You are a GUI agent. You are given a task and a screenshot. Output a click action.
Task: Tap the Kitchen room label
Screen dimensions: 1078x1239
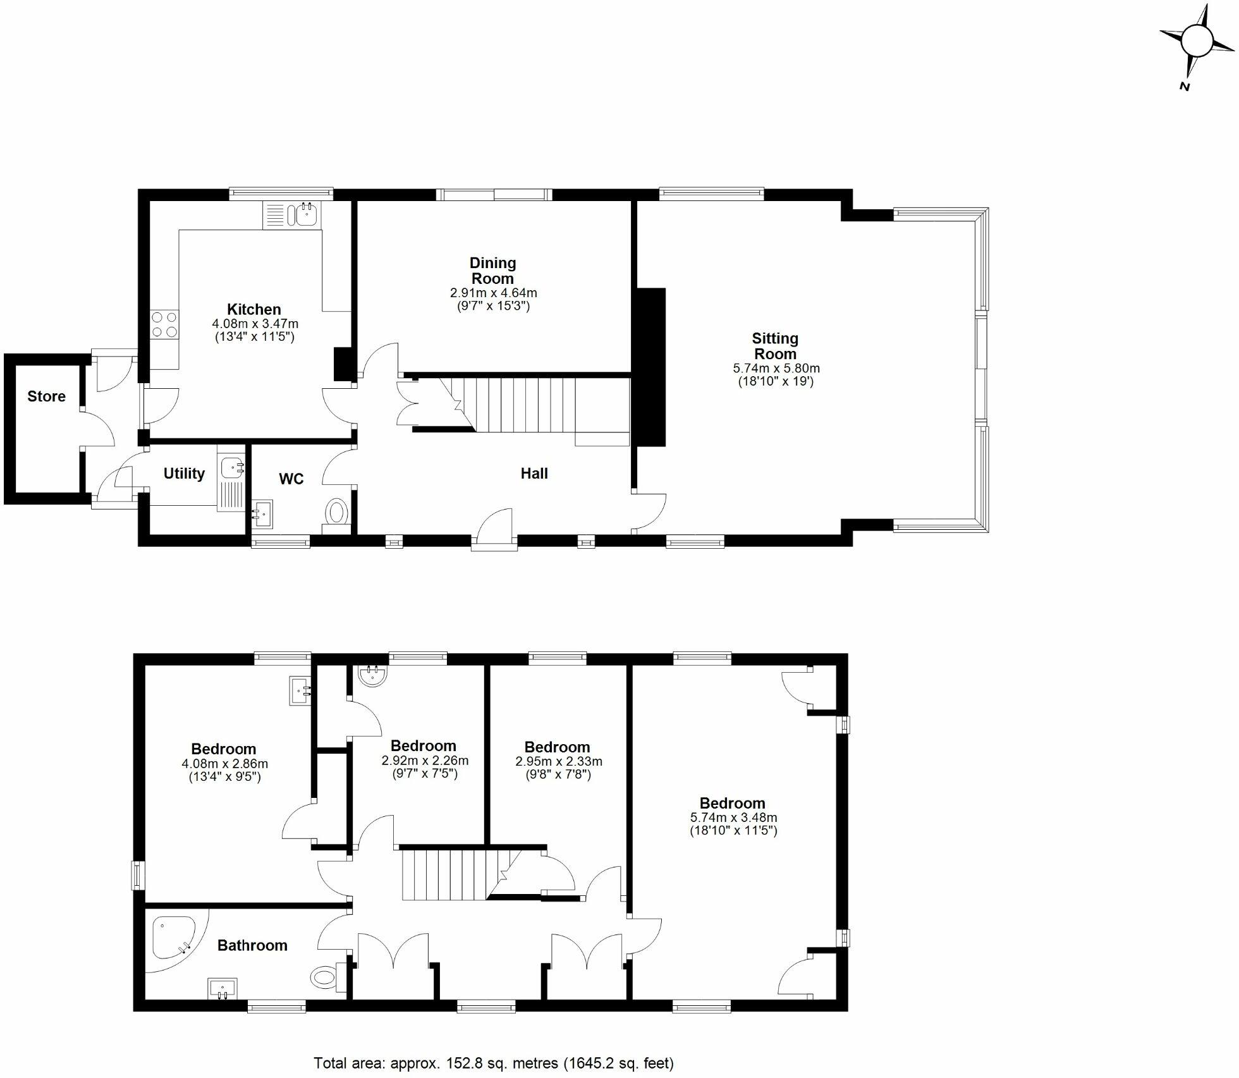click(254, 309)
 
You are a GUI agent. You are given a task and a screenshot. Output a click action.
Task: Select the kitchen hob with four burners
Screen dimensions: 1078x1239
click(164, 324)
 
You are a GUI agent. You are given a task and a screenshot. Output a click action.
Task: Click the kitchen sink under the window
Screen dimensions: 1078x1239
click(306, 215)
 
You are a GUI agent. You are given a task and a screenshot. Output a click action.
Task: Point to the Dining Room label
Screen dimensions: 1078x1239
click(492, 271)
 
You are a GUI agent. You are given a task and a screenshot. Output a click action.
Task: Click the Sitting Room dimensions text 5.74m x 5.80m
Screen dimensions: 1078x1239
click(776, 368)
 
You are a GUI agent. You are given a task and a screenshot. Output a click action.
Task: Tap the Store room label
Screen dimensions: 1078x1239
click(46, 396)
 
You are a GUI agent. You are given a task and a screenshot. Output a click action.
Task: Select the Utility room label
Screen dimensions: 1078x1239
click(184, 474)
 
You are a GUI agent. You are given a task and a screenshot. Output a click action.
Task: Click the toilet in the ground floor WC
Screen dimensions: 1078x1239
click(337, 511)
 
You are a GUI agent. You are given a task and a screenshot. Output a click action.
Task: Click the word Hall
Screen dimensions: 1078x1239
click(534, 473)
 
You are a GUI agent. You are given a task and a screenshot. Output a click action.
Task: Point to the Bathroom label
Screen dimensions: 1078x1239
click(252, 945)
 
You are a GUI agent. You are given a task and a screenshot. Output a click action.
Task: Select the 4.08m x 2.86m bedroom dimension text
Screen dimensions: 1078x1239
click(224, 764)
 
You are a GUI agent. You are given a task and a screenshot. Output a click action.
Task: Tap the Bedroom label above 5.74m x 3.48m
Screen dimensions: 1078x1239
click(733, 803)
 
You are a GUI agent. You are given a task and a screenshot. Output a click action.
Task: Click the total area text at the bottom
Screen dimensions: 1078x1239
click(494, 1063)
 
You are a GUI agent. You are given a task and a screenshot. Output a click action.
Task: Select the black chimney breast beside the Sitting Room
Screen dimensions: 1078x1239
click(650, 367)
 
